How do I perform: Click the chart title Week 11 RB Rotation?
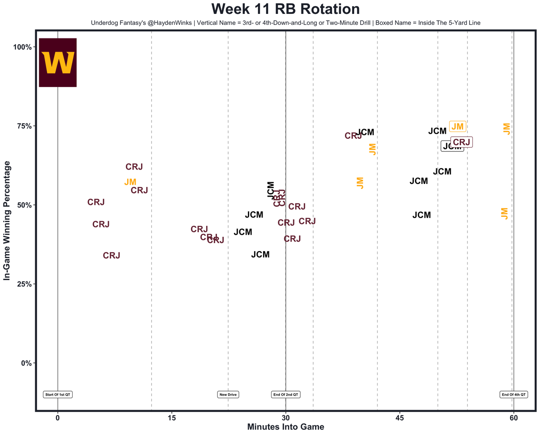[x=285, y=9]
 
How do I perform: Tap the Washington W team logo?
[x=58, y=62]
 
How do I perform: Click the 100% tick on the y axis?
[x=23, y=47]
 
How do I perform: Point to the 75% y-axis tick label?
[x=24, y=126]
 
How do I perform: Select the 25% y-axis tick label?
[x=24, y=284]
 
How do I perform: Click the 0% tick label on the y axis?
[x=26, y=363]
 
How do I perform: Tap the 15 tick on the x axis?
[x=171, y=418]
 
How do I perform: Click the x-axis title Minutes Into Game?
[x=285, y=427]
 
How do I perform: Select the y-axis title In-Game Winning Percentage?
[x=7, y=221]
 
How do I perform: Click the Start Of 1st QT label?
[x=58, y=394]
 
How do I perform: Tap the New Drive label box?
[x=228, y=394]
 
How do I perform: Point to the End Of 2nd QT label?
[x=286, y=394]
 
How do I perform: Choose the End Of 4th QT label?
[x=513, y=394]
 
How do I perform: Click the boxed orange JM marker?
[x=457, y=127]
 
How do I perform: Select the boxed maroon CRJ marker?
[x=461, y=142]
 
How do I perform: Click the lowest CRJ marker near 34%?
[x=111, y=256]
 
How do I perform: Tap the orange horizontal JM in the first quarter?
[x=130, y=182]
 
